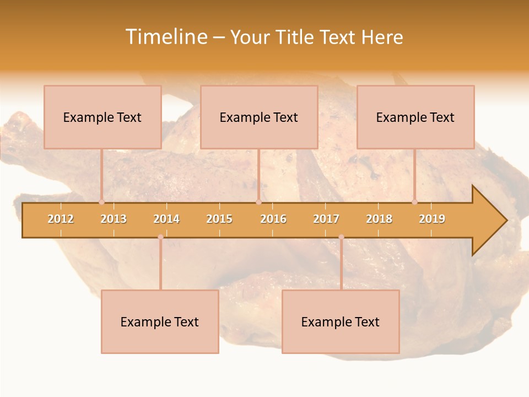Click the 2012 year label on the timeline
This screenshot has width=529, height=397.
click(61, 219)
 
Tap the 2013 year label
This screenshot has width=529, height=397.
click(114, 219)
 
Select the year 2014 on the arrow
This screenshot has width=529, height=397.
click(166, 219)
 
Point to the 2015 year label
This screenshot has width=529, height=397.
click(219, 219)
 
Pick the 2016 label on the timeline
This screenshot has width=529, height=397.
click(273, 219)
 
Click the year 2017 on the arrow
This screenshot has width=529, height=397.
click(326, 219)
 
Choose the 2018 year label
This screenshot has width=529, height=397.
click(379, 219)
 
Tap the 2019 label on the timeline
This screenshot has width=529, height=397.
click(432, 219)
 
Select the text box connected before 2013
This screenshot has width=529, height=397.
click(102, 117)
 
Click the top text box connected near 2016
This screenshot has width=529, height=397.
click(259, 117)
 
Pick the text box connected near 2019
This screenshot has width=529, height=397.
click(415, 117)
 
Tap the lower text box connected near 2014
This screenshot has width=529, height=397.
click(160, 321)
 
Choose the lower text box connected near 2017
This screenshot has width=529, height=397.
click(341, 321)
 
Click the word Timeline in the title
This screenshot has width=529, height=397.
click(166, 37)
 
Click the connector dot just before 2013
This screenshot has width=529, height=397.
click(101, 202)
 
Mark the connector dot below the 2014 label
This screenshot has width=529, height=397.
click(160, 237)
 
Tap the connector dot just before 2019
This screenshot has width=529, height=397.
click(414, 202)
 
